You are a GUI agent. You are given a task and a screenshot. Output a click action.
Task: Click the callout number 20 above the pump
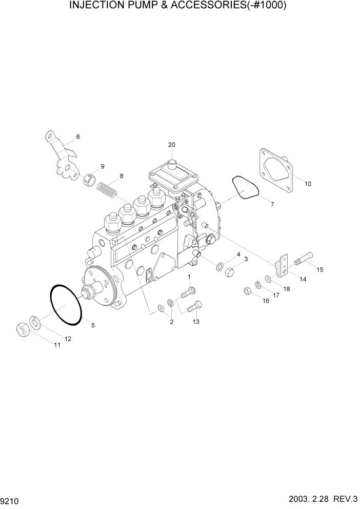tap(171, 145)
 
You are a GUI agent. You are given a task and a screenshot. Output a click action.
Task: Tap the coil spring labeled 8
tap(107, 188)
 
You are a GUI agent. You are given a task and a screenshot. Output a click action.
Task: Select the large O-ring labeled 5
tap(66, 305)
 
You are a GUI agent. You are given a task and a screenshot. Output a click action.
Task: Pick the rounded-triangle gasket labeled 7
tap(245, 187)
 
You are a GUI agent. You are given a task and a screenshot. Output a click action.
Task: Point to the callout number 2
tap(171, 322)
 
